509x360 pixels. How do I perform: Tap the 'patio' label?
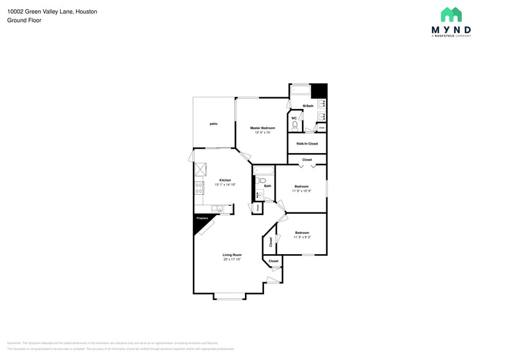click(x=213, y=124)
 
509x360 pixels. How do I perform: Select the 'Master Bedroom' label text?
click(x=262, y=128)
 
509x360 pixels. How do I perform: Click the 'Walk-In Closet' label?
click(x=307, y=144)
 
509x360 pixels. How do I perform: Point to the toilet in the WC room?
click(x=295, y=126)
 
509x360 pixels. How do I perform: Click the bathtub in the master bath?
click(x=300, y=91)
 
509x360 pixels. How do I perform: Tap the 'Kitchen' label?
click(x=225, y=180)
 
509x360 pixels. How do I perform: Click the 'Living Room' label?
click(x=232, y=255)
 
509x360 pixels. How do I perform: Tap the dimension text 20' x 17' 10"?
click(x=232, y=260)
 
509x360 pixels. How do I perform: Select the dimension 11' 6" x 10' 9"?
click(x=301, y=191)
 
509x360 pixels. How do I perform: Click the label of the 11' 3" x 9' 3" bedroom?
click(x=301, y=233)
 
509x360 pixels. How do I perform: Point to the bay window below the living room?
click(x=230, y=297)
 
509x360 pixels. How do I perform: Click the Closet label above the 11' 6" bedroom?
click(x=307, y=160)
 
